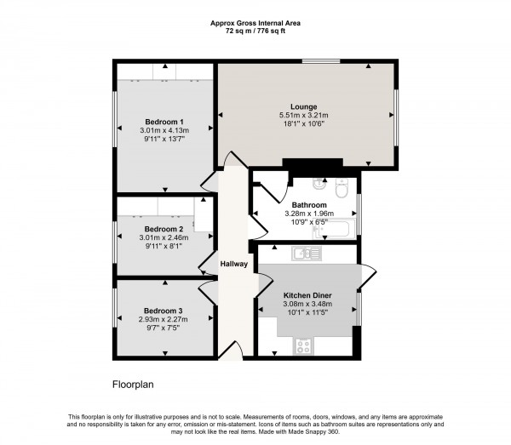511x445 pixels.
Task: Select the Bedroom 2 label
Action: click(x=164, y=230)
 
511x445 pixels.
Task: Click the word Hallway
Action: click(x=234, y=264)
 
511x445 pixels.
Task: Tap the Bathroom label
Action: click(x=309, y=205)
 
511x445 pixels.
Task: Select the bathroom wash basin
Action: click(x=315, y=182)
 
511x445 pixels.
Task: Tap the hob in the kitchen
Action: click(x=304, y=345)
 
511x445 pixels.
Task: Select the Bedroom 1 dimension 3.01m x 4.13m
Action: click(x=164, y=129)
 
